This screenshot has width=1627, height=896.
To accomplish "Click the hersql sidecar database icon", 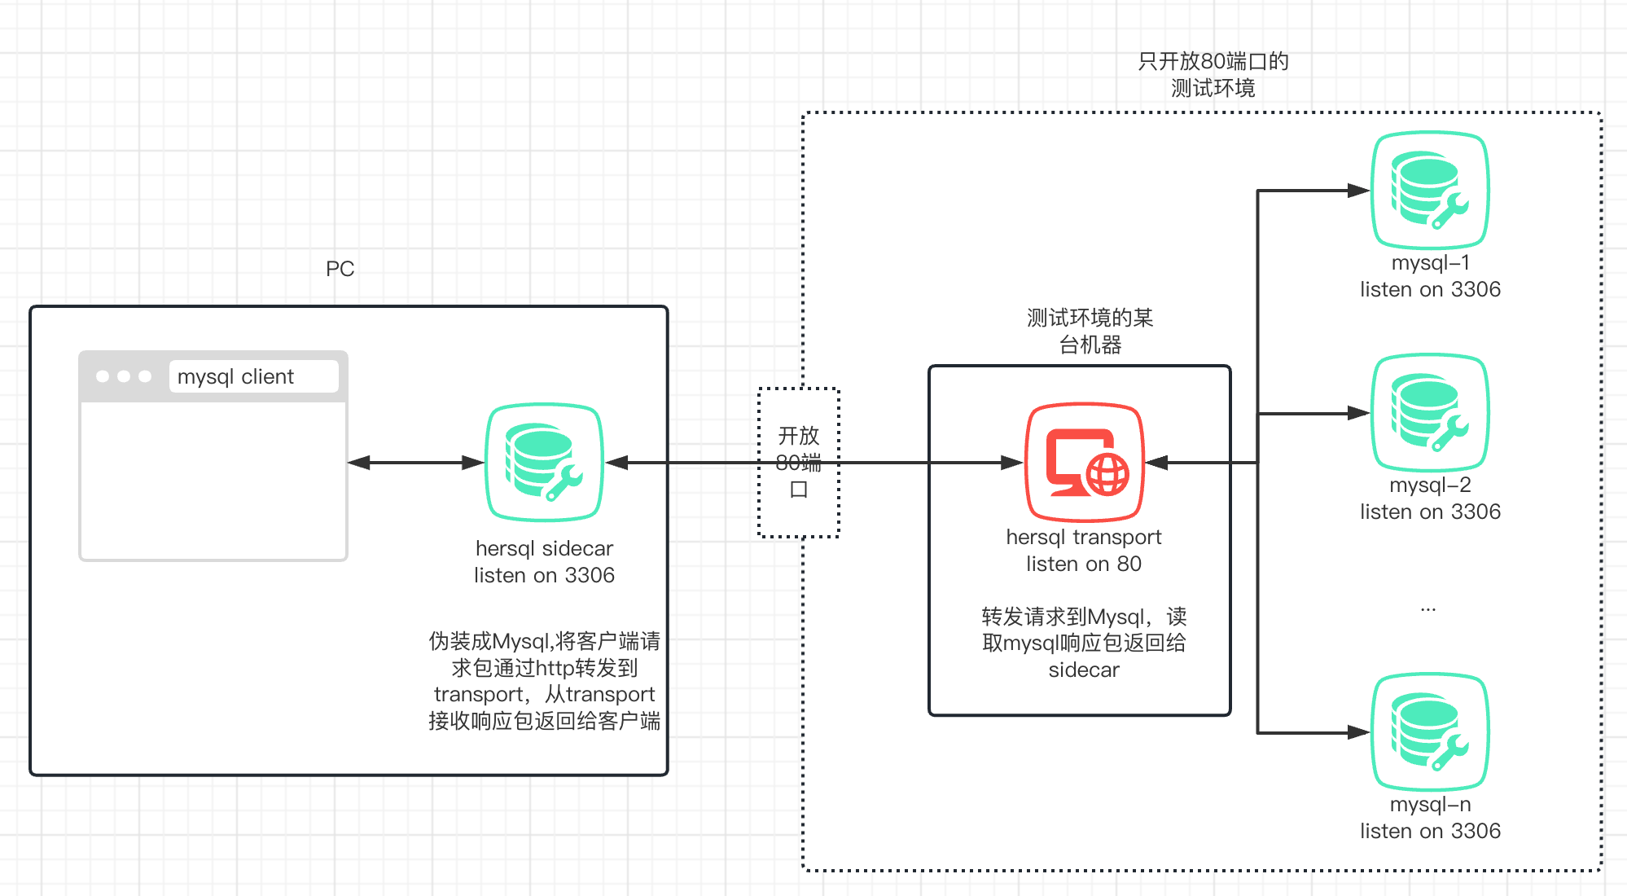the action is tap(544, 462).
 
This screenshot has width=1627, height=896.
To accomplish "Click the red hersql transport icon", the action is tap(1085, 462).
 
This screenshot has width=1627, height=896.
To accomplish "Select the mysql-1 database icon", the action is tap(1430, 190).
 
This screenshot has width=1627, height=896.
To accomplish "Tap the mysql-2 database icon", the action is tap(1430, 412).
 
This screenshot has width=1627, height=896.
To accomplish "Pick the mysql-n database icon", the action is tap(1430, 731).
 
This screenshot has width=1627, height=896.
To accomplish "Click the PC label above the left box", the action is tap(340, 269).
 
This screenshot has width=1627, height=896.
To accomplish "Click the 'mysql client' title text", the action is tap(235, 376).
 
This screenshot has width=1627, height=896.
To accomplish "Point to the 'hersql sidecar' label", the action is tap(544, 548).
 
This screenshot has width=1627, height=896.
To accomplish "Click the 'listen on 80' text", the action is tap(1084, 564).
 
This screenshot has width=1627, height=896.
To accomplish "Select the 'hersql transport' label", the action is tap(1084, 537).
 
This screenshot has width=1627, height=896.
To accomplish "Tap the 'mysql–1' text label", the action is tap(1431, 262).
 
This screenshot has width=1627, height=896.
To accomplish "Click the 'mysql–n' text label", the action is tap(1431, 804).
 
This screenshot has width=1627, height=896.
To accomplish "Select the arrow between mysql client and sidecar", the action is tap(416, 463).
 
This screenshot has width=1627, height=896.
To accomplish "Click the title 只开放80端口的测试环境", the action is tap(1213, 74).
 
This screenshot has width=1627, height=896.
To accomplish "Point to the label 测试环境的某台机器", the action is tap(1090, 331).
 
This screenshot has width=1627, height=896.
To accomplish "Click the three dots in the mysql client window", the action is tap(124, 376).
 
